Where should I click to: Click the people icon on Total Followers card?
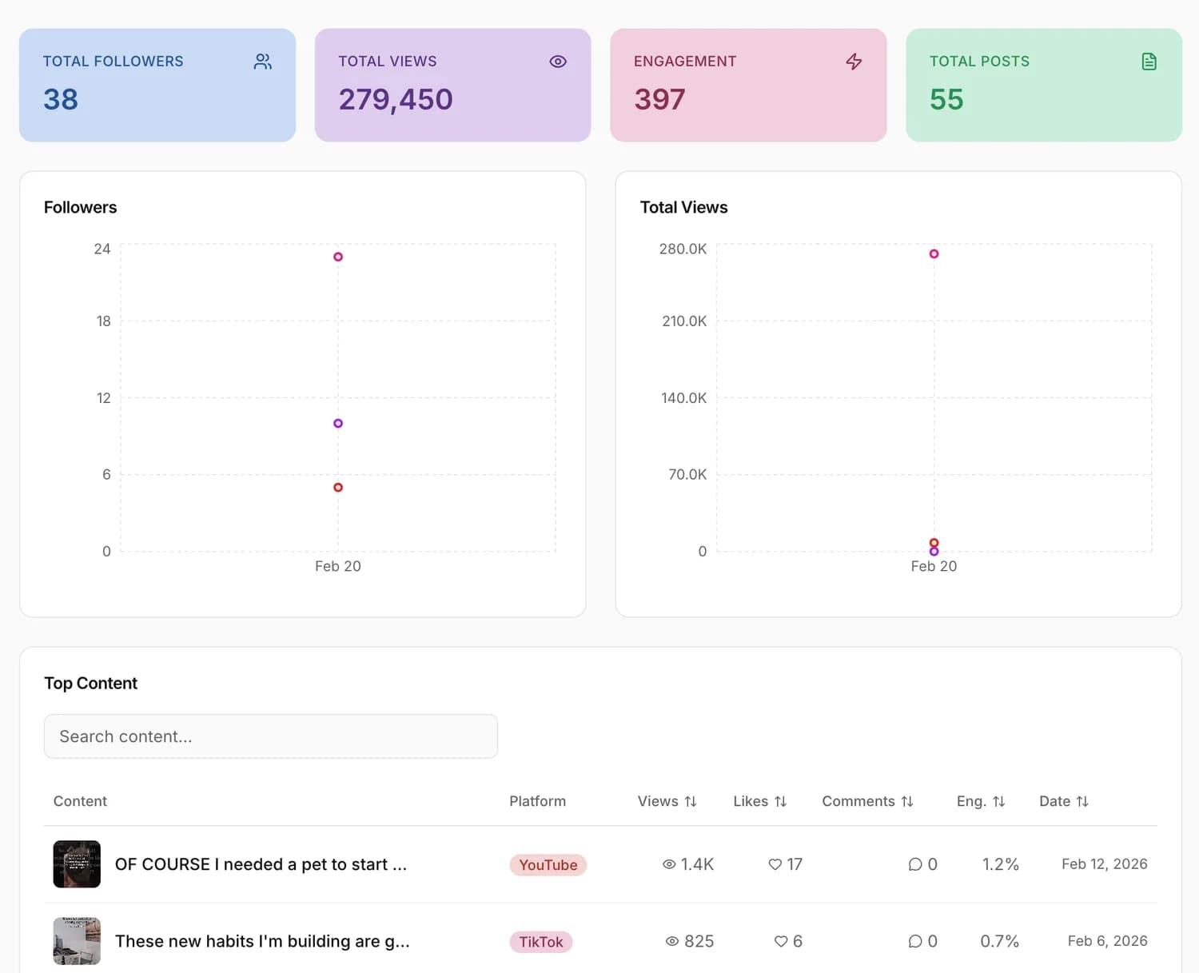point(262,62)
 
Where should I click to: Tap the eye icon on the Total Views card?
point(558,62)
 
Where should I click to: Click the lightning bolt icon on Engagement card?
point(854,62)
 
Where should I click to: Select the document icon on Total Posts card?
point(1149,62)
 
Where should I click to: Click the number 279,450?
point(396,100)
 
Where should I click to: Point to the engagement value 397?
point(659,100)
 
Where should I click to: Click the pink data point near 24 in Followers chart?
point(338,257)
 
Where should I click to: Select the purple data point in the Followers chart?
point(338,424)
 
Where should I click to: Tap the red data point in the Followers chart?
point(338,488)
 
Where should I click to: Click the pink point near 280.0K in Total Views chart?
point(934,254)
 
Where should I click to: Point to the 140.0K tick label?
point(683,398)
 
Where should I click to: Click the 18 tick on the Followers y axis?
point(104,321)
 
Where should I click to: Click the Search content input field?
point(271,736)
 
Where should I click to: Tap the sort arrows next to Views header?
point(691,801)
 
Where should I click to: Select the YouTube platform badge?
point(548,865)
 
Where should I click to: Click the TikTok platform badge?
point(540,942)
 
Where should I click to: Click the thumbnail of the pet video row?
point(77,864)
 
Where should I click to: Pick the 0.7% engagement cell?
point(999,942)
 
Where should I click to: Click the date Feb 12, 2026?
point(1105,864)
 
